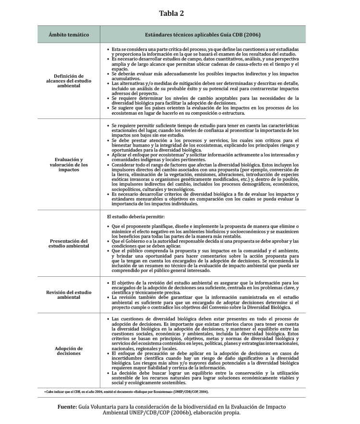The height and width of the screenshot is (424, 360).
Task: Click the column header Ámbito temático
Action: click(69, 35)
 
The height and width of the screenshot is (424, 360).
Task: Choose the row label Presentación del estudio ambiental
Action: click(69, 243)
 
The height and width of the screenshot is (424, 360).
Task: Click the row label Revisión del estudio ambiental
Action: click(69, 294)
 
